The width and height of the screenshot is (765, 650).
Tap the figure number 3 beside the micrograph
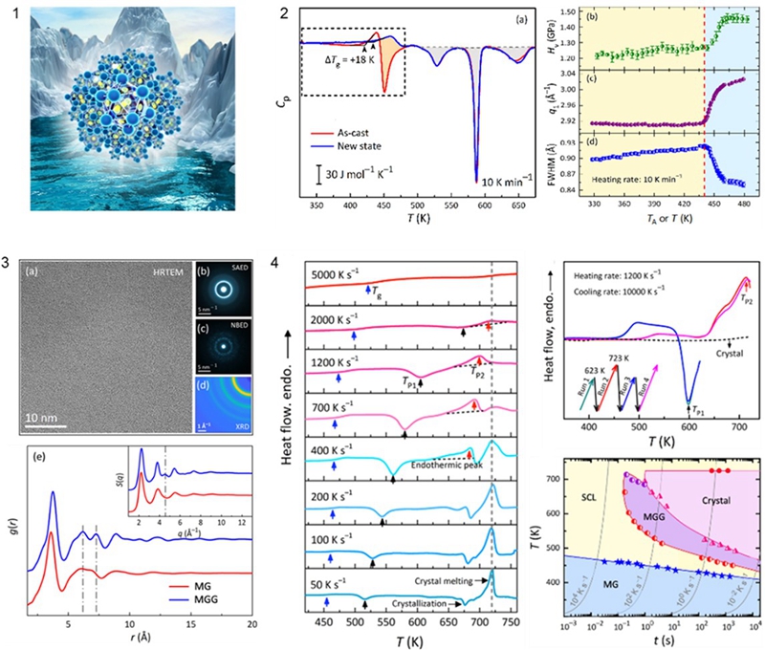coord(8,263)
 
